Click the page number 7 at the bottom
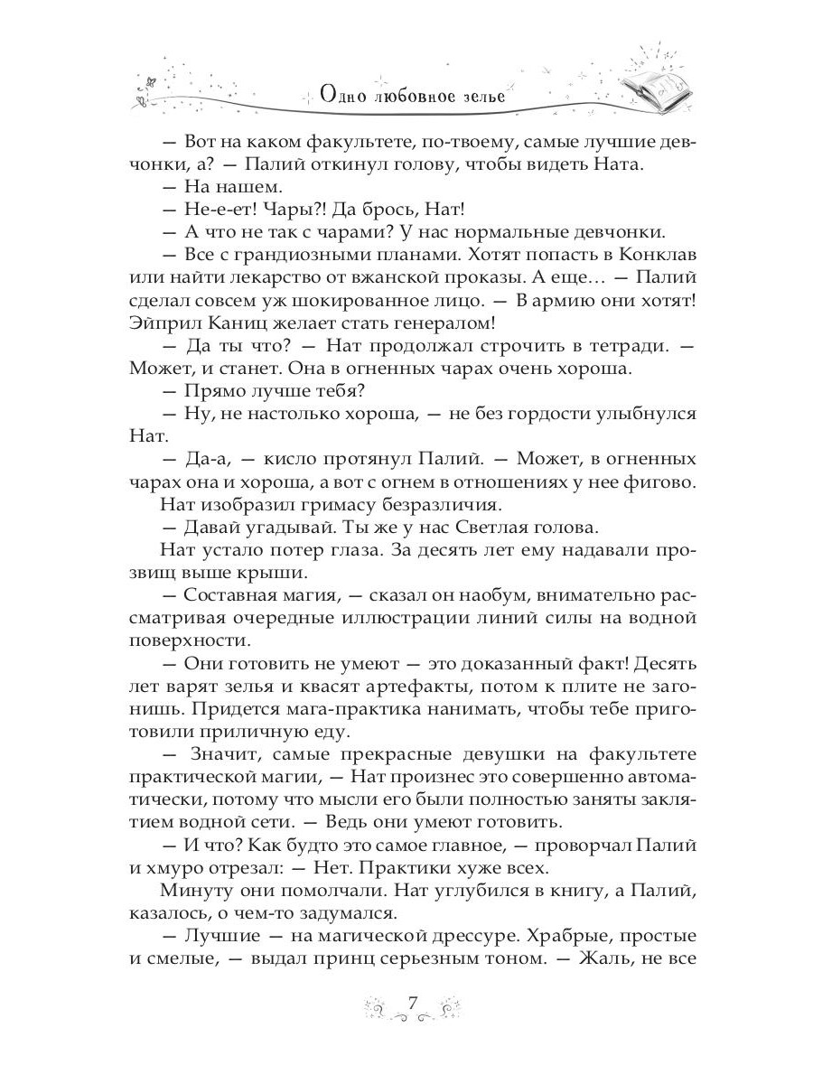click(x=411, y=1003)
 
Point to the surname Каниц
click(x=240, y=347)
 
